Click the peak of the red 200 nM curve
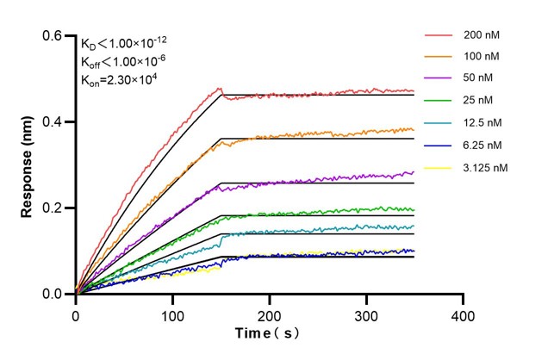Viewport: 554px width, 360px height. point(220,88)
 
